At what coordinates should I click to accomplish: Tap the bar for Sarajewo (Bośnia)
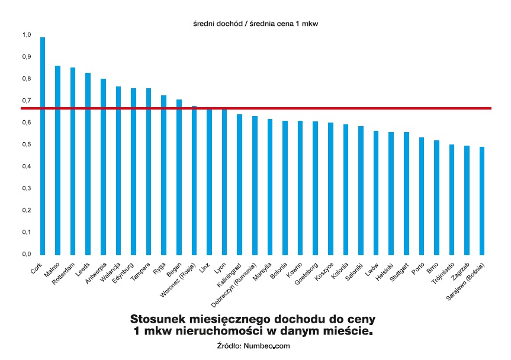pyautogui.click(x=482, y=201)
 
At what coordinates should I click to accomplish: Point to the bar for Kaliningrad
pyautogui.click(x=240, y=184)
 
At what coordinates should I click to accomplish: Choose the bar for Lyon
pyautogui.click(x=224, y=181)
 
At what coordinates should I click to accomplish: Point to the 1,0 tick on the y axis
pyautogui.click(x=26, y=35)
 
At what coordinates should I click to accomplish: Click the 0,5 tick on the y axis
pyautogui.click(x=26, y=144)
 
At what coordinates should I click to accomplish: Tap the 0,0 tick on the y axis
pyautogui.click(x=26, y=254)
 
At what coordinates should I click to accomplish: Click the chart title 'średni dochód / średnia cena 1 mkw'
pyautogui.click(x=256, y=24)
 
